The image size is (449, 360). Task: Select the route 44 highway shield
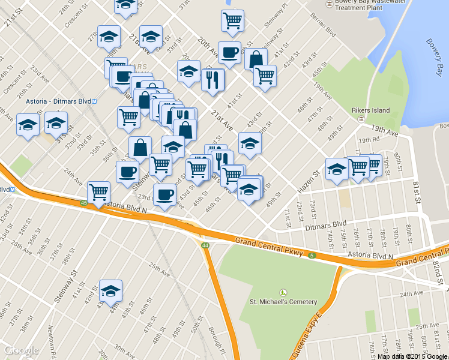(205, 245)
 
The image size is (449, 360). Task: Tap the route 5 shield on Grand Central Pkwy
(313, 256)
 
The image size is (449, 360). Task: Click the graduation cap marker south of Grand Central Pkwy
(110, 291)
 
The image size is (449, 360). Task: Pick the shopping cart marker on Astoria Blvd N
(98, 193)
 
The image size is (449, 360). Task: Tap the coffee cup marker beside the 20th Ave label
(229, 53)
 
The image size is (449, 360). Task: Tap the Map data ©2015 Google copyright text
(413, 356)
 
